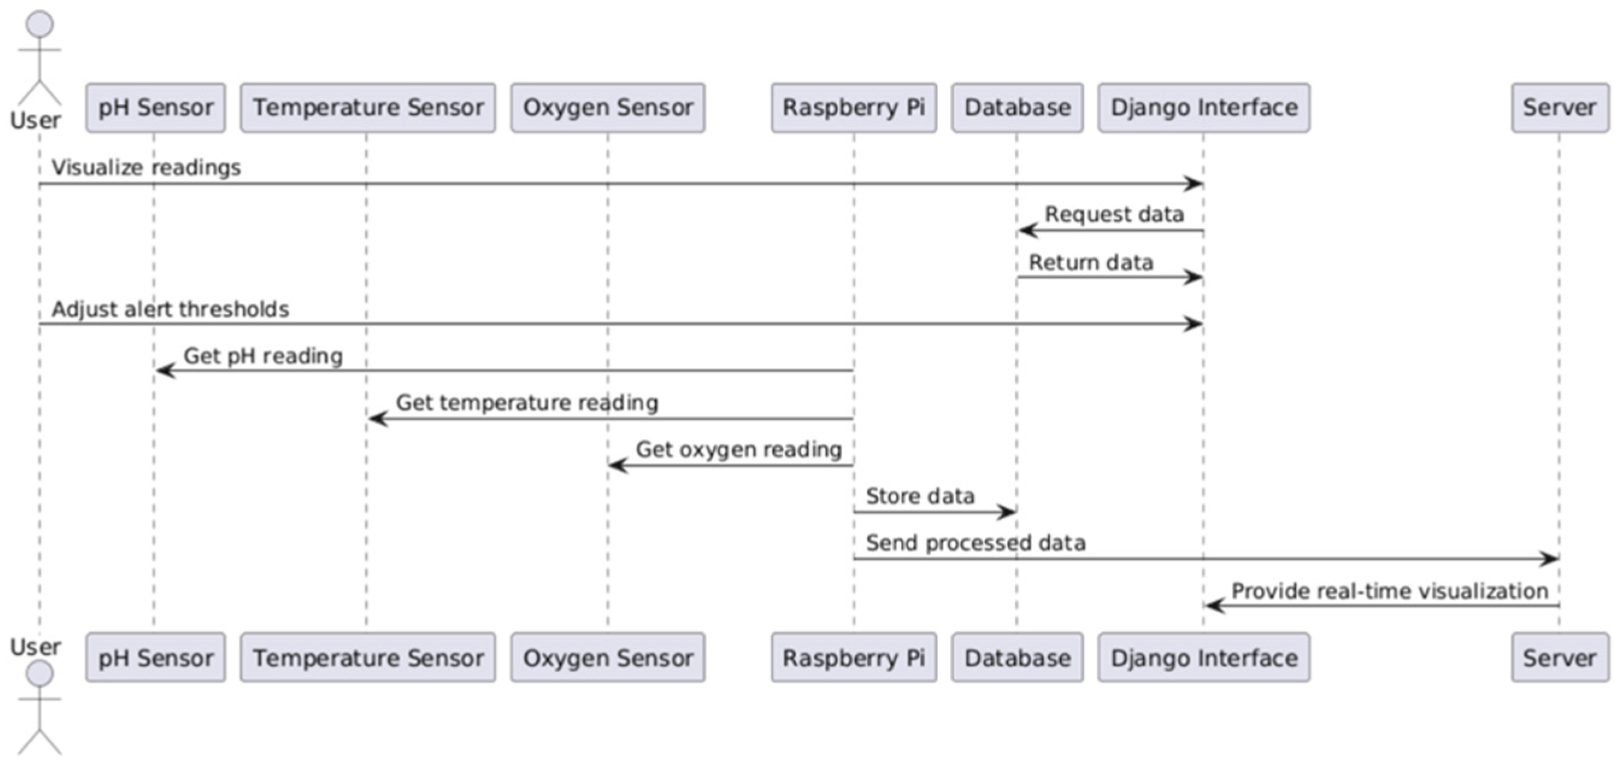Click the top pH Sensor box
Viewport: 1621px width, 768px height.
click(155, 108)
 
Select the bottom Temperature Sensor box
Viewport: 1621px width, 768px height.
click(367, 658)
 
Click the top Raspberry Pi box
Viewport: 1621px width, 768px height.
click(853, 108)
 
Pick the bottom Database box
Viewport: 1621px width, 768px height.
click(1017, 658)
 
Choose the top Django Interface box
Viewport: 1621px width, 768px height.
click(1204, 108)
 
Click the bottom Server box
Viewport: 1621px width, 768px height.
click(1560, 658)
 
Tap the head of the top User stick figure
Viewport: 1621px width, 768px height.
click(40, 24)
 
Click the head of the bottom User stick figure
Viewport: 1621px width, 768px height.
click(40, 674)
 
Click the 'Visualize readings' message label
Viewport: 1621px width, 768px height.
click(146, 167)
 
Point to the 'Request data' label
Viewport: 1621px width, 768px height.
click(1114, 214)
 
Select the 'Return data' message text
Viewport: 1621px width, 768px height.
click(1091, 263)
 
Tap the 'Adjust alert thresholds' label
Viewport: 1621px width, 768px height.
click(170, 309)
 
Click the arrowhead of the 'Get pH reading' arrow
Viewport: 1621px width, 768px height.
click(165, 371)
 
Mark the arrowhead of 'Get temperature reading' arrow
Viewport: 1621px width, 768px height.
click(378, 419)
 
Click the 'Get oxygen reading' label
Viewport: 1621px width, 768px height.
click(738, 449)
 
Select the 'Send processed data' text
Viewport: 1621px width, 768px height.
click(975, 543)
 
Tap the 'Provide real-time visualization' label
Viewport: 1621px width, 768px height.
click(1389, 591)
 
